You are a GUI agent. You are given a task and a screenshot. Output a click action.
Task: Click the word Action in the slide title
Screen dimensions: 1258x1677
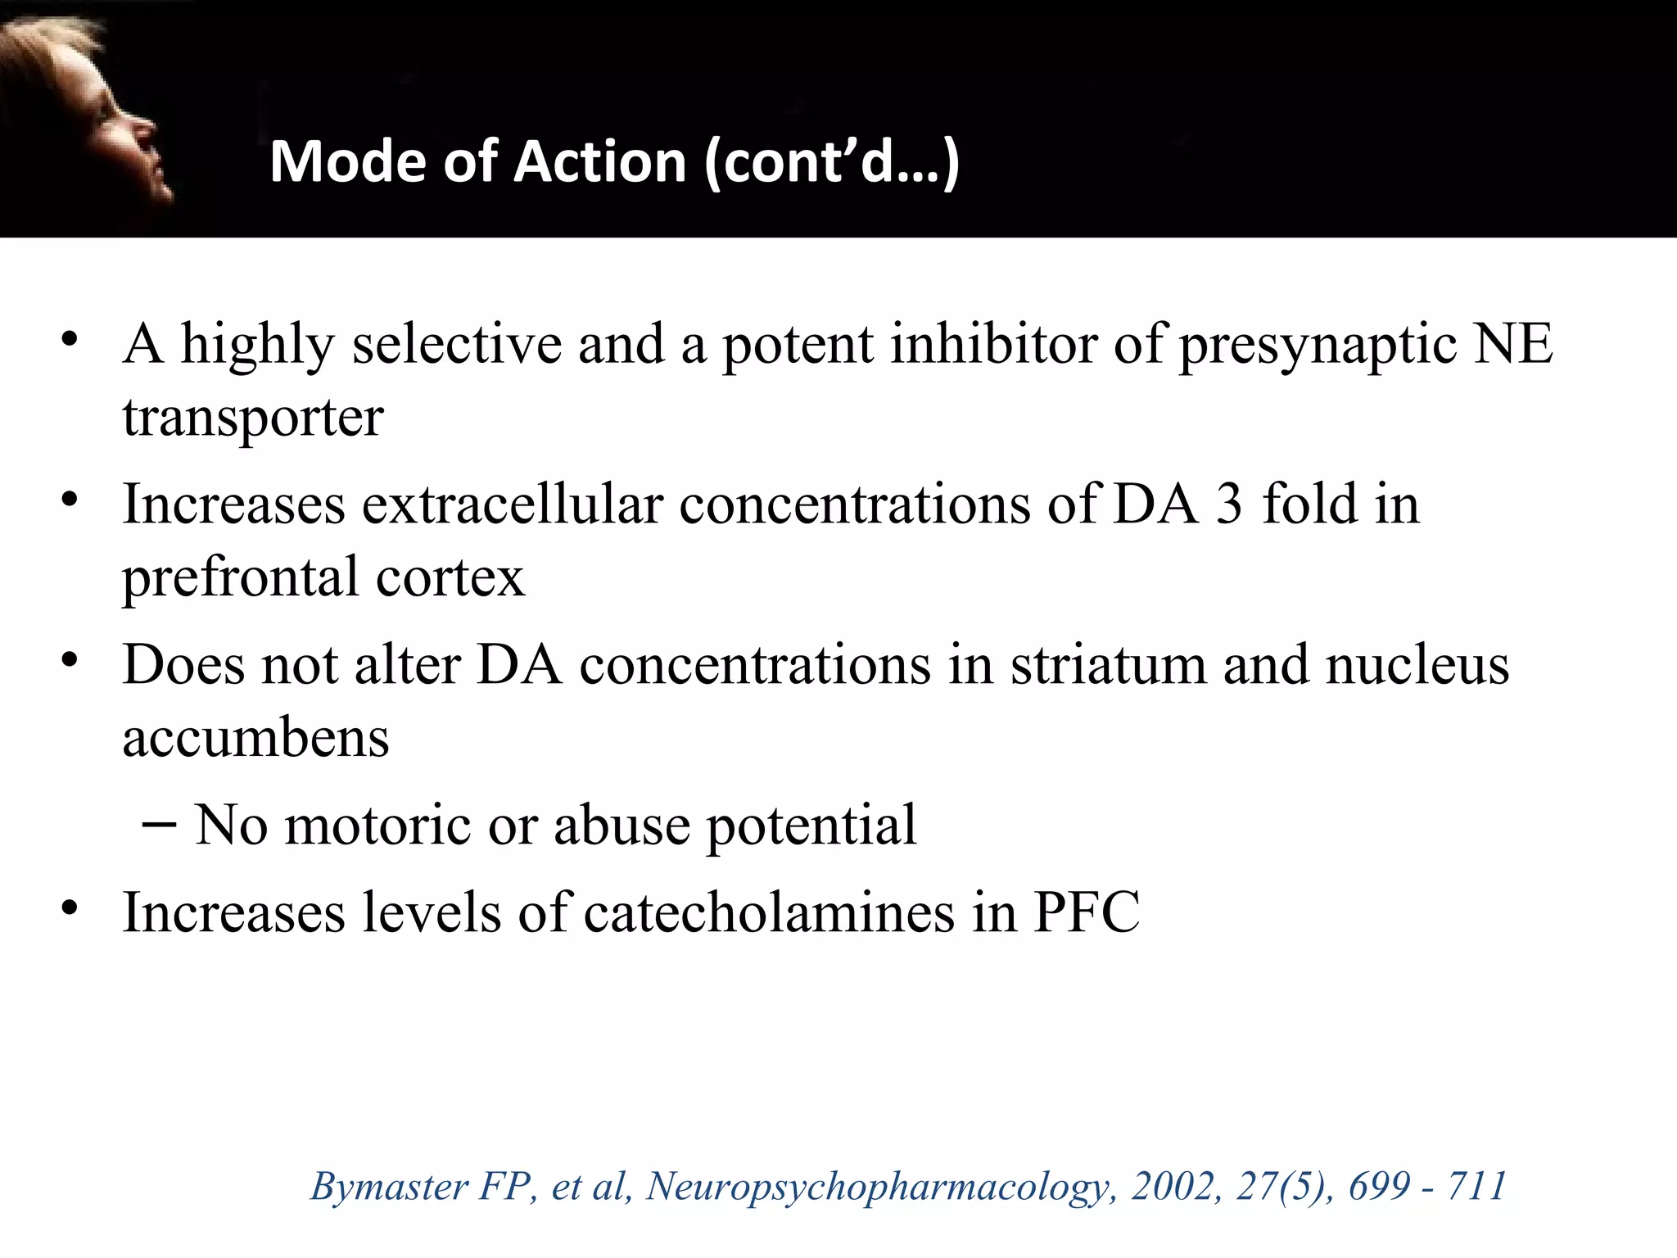click(x=599, y=161)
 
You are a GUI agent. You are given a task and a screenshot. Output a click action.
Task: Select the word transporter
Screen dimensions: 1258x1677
click(x=253, y=419)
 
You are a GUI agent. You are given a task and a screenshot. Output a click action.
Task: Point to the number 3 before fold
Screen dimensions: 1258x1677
click(x=1228, y=503)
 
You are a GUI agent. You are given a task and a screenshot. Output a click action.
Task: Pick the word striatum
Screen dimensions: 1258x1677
click(x=1108, y=663)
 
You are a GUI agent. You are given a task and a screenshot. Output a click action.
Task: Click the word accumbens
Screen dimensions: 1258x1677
click(x=255, y=737)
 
